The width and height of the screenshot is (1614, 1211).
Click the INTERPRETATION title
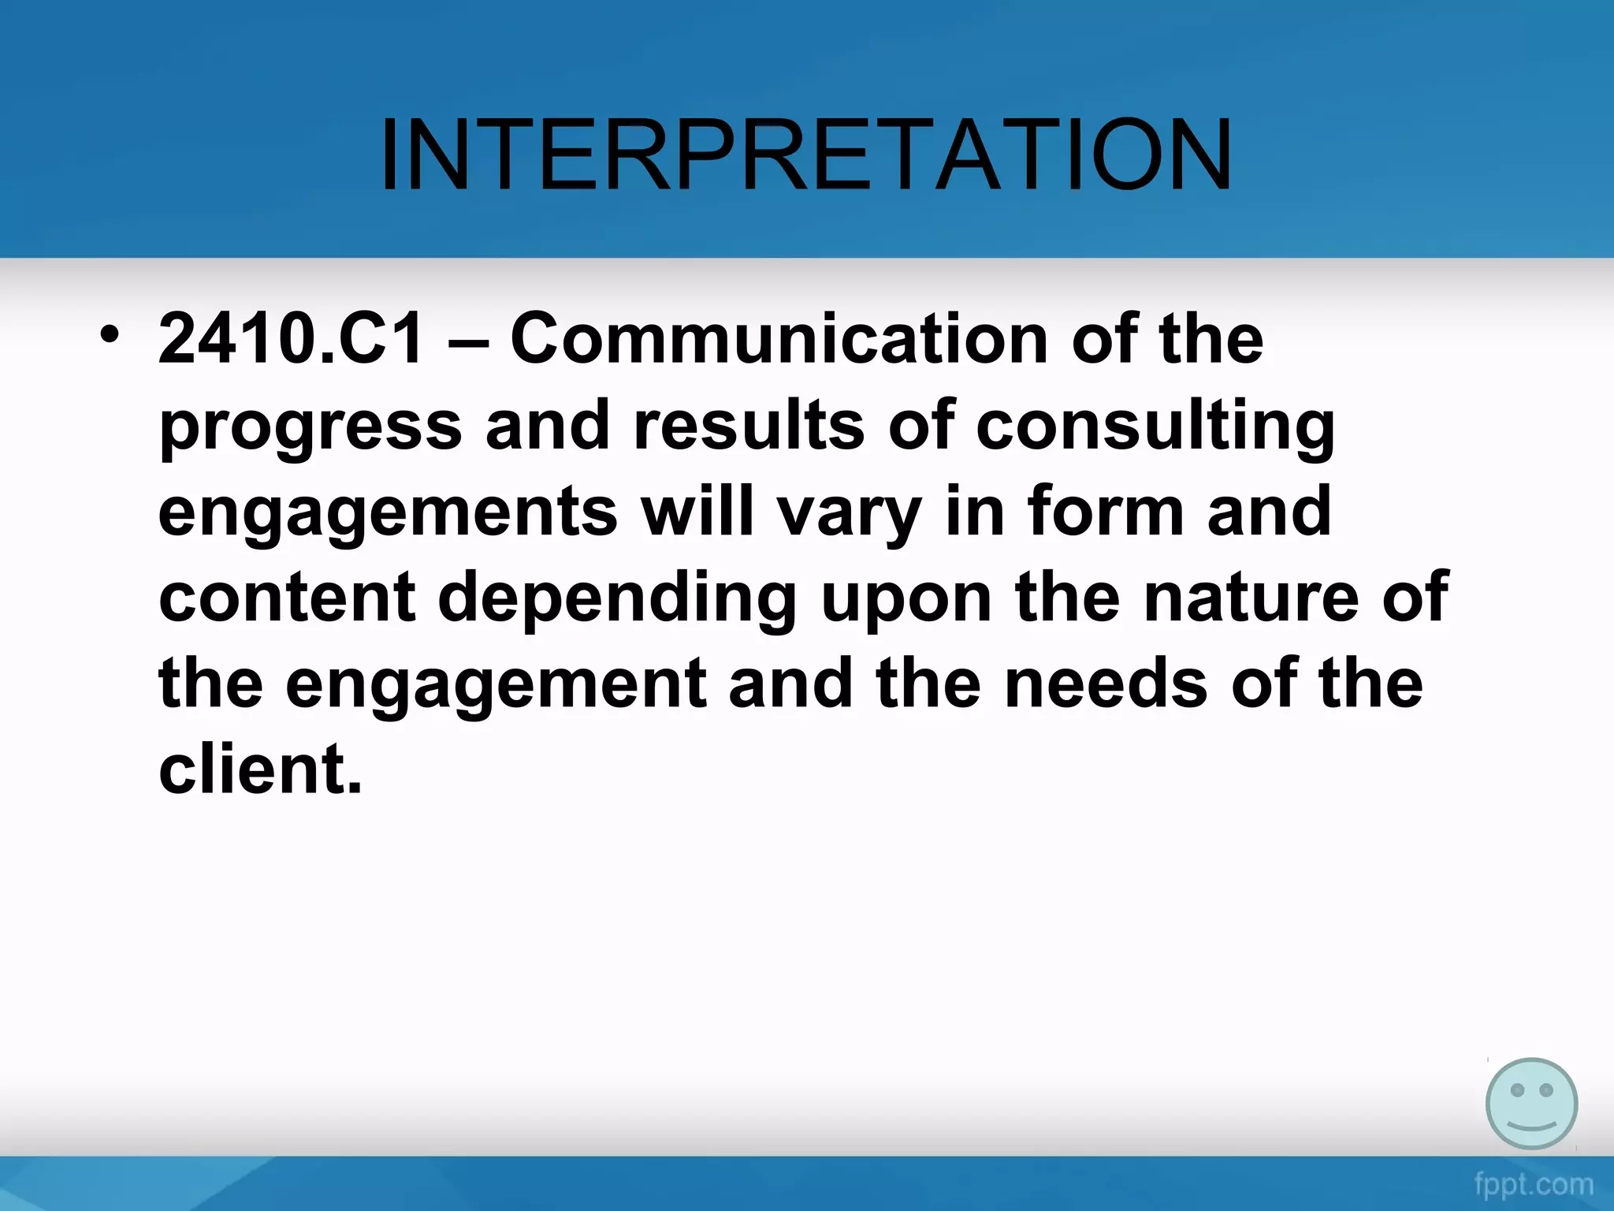(805, 155)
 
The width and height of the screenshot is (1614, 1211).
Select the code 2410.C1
(291, 339)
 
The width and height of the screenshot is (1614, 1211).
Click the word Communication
(779, 339)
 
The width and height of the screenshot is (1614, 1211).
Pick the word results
(749, 426)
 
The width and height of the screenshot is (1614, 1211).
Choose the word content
(287, 598)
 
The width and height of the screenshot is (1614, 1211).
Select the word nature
(1251, 598)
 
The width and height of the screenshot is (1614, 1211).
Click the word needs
(1106, 683)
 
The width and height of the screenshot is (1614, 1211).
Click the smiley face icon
(1531, 1103)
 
